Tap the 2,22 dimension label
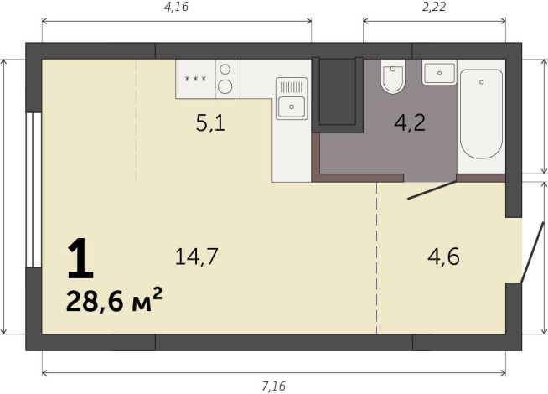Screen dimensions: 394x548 click(433, 8)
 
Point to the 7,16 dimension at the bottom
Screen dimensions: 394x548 click(273, 386)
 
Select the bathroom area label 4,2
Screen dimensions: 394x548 click(410, 123)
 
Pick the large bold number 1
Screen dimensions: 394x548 click(80, 259)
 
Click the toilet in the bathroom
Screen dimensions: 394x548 click(391, 77)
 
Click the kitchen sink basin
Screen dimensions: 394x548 click(291, 105)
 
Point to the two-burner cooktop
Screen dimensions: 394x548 click(225, 78)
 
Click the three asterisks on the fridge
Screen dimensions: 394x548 click(194, 79)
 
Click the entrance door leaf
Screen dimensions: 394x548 click(528, 251)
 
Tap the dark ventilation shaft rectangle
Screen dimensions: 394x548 click(337, 91)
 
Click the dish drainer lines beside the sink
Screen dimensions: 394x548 click(290, 86)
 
